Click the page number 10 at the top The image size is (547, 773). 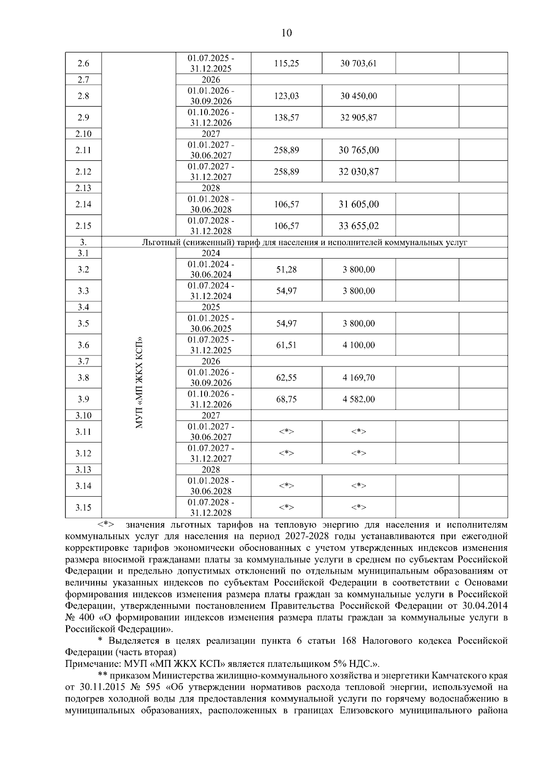click(287, 33)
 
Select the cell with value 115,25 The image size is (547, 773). click(286, 63)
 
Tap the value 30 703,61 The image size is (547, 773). click(358, 63)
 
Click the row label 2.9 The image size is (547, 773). click(83, 117)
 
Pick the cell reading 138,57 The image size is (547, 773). click(286, 117)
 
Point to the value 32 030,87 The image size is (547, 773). click(358, 172)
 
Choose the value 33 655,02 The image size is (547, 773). click(358, 226)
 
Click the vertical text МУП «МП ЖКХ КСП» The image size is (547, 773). click(139, 382)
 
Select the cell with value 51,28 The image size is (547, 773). click(286, 270)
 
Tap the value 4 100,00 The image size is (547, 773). click(359, 345)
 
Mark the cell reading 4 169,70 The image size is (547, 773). click(359, 377)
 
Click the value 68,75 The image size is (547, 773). click(286, 399)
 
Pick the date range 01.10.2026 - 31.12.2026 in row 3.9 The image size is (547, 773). click(211, 399)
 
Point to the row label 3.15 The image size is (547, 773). click(83, 508)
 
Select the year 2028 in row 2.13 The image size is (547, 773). click(211, 188)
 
